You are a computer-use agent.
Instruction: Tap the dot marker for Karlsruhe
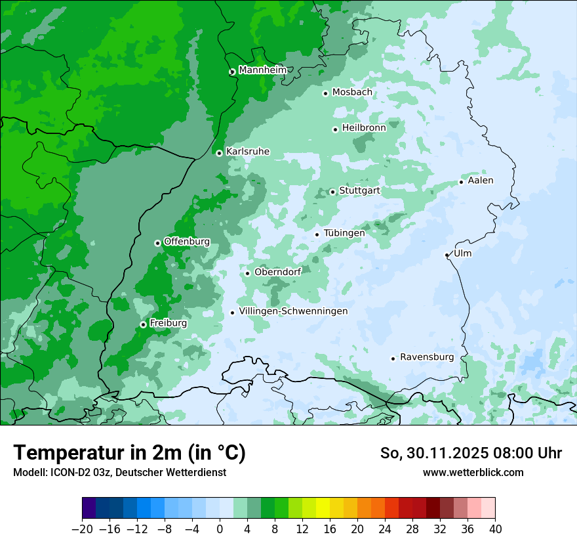tap(219, 153)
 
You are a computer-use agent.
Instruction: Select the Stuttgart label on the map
tap(359, 190)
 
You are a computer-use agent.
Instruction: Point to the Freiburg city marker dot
tap(143, 324)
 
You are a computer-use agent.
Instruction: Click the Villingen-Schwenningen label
tap(293, 311)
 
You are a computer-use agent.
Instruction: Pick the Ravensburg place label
tap(427, 357)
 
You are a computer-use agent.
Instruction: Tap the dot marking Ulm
tap(447, 255)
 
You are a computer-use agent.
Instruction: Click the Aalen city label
tap(481, 181)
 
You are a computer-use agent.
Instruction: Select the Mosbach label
tap(352, 93)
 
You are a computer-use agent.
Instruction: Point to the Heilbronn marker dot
tap(335, 129)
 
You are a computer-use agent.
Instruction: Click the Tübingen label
tap(344, 233)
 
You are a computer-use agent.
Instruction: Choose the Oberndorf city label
tap(277, 272)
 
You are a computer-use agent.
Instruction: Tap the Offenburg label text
tap(186, 242)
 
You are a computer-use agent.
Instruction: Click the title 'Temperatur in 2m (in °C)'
tap(129, 453)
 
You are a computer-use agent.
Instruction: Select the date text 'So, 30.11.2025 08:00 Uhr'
tap(471, 453)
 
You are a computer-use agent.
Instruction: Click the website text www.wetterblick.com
tap(473, 472)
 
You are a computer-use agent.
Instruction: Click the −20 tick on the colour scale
tap(83, 529)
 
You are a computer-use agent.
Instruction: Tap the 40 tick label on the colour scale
tap(495, 529)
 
